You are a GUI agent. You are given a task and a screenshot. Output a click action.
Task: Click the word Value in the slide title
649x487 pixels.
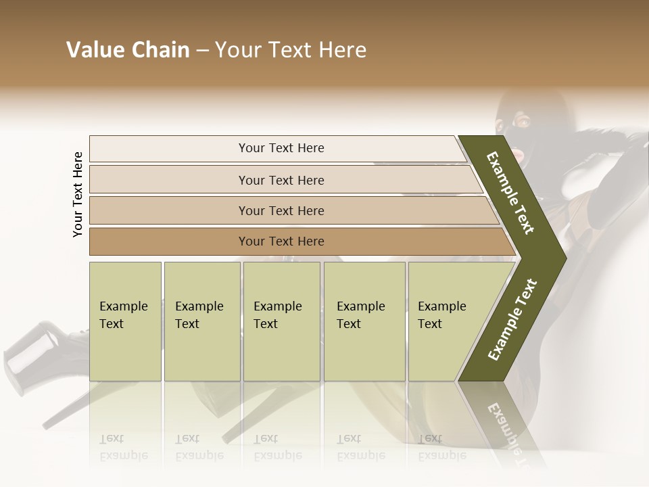click(94, 50)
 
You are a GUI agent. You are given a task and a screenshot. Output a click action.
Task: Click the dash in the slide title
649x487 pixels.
click(202, 51)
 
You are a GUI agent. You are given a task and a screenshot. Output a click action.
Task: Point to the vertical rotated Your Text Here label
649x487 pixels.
click(78, 194)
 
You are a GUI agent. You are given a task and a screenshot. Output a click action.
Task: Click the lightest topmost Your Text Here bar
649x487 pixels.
click(281, 148)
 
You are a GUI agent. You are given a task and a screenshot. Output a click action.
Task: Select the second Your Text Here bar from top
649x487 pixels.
click(281, 180)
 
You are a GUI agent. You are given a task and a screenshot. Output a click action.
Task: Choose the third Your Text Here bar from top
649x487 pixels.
click(281, 210)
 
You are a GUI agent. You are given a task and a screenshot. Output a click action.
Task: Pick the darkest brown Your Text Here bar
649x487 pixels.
click(281, 241)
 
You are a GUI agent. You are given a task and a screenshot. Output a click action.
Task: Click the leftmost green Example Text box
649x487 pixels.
click(125, 321)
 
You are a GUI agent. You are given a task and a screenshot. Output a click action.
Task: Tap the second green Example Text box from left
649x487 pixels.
click(201, 321)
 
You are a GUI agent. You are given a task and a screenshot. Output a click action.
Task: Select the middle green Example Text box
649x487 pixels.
click(281, 321)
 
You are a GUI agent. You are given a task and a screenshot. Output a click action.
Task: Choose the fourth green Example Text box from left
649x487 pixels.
click(364, 321)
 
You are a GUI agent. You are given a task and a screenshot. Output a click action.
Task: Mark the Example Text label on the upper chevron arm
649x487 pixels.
click(510, 193)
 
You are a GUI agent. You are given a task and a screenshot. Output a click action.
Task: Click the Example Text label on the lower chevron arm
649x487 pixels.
click(512, 320)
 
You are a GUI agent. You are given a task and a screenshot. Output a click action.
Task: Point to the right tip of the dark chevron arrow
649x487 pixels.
click(564, 258)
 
